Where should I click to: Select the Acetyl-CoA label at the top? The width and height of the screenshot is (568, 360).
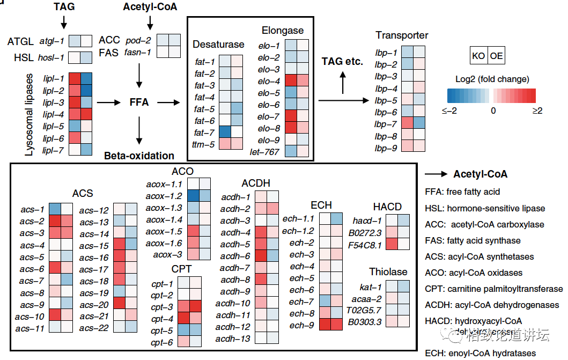pos(150,7)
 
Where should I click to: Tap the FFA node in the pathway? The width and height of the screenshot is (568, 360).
pos(139,102)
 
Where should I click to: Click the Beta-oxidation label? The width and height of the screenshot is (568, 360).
pos(139,156)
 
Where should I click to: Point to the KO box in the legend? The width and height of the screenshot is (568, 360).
pos(478,56)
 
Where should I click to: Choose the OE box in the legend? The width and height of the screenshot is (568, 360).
pos(496,56)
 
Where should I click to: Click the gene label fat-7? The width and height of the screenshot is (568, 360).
pos(204,133)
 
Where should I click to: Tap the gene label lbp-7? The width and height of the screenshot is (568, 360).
pos(386,124)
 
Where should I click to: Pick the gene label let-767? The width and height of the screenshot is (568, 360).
pos(264,152)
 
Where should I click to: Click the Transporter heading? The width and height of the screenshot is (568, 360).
pos(402,35)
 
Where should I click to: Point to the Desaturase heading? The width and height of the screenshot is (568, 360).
pos(218,44)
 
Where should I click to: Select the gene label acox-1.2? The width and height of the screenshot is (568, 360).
pos(164,196)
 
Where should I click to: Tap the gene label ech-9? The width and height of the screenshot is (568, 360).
pos(302,325)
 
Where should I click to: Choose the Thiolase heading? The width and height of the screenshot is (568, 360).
pos(388,272)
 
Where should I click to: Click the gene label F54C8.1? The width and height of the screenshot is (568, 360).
pos(365,245)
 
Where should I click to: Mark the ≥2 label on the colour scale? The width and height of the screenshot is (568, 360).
pos(537,111)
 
